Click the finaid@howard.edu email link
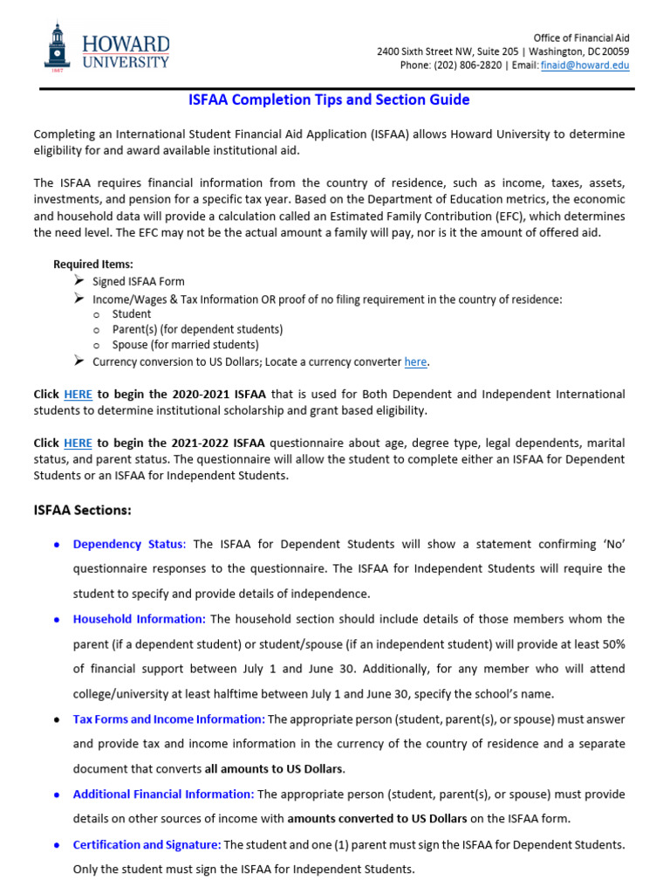pyautogui.click(x=597, y=65)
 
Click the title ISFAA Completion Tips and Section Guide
pyautogui.click(x=329, y=100)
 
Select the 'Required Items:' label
pyautogui.click(x=93, y=264)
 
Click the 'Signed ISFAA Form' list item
pyautogui.click(x=139, y=281)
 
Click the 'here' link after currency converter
pyautogui.click(x=415, y=361)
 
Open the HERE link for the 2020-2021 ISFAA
pyautogui.click(x=78, y=394)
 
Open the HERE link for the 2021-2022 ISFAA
pyautogui.click(x=78, y=443)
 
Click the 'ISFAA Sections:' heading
pyautogui.click(x=82, y=510)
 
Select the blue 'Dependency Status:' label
pyautogui.click(x=129, y=544)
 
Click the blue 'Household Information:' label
pyautogui.click(x=140, y=619)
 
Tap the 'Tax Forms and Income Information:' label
pyautogui.click(x=169, y=719)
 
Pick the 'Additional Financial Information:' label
pyautogui.click(x=163, y=794)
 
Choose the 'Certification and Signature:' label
pyautogui.click(x=147, y=844)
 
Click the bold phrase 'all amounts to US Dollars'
pyautogui.click(x=274, y=769)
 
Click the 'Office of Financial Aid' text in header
pyautogui.click(x=581, y=38)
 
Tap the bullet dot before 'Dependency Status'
pyautogui.click(x=57, y=545)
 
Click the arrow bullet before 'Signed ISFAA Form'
pyautogui.click(x=79, y=281)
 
